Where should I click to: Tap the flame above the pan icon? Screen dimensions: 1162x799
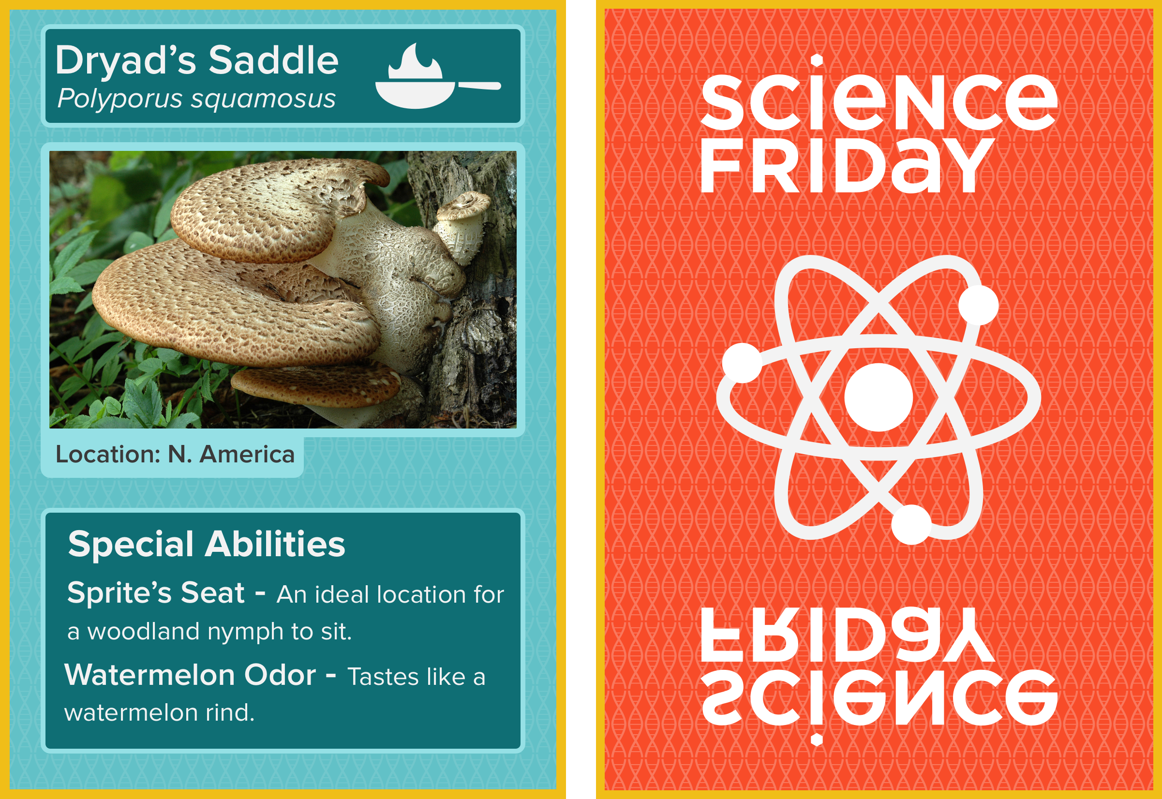[x=415, y=61]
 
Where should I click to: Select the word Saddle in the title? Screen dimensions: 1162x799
[x=273, y=60]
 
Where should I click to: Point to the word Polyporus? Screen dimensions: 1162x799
[x=119, y=99]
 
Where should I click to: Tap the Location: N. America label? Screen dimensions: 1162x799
[x=175, y=454]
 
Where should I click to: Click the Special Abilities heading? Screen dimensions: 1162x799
[x=207, y=544]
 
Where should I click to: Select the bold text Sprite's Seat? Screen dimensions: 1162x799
[x=156, y=593]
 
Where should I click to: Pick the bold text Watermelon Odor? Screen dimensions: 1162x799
[x=190, y=675]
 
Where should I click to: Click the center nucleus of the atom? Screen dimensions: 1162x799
[x=879, y=398]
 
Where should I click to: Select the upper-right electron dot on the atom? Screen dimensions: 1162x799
[x=978, y=305]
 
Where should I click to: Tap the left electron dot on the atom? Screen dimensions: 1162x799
[x=743, y=363]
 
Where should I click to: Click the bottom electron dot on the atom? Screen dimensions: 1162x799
[x=912, y=525]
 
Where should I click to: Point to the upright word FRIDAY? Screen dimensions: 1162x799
[x=847, y=165]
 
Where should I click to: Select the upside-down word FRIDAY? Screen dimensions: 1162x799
[x=847, y=635]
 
